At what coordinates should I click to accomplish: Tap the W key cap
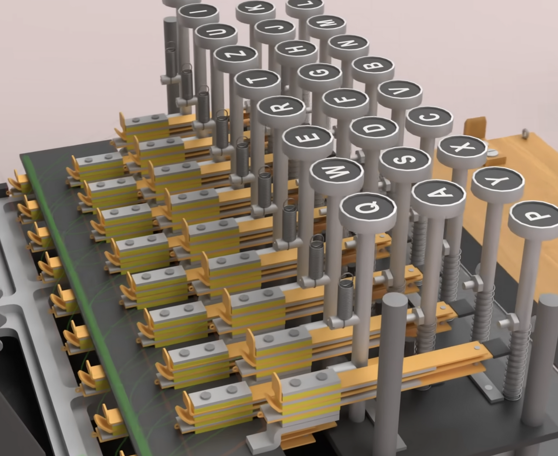pyautogui.click(x=336, y=174)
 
